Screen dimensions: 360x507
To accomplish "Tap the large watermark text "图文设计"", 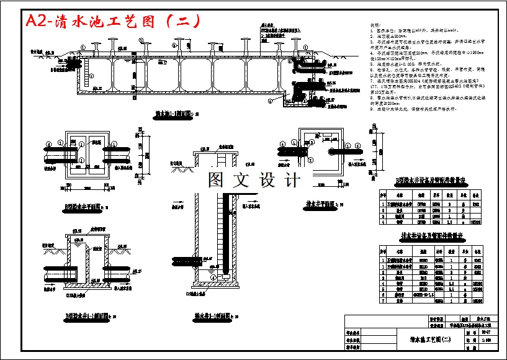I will point(254,180).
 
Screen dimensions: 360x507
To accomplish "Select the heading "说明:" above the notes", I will point(375,25).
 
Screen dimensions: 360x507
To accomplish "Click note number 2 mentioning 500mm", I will point(397,37).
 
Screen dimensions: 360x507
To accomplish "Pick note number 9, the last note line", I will point(413,109).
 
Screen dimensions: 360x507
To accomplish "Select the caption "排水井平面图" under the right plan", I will point(323,204).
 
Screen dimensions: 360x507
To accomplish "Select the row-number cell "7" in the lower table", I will point(382,300).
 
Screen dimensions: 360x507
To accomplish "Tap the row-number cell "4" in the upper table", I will point(382,220).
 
